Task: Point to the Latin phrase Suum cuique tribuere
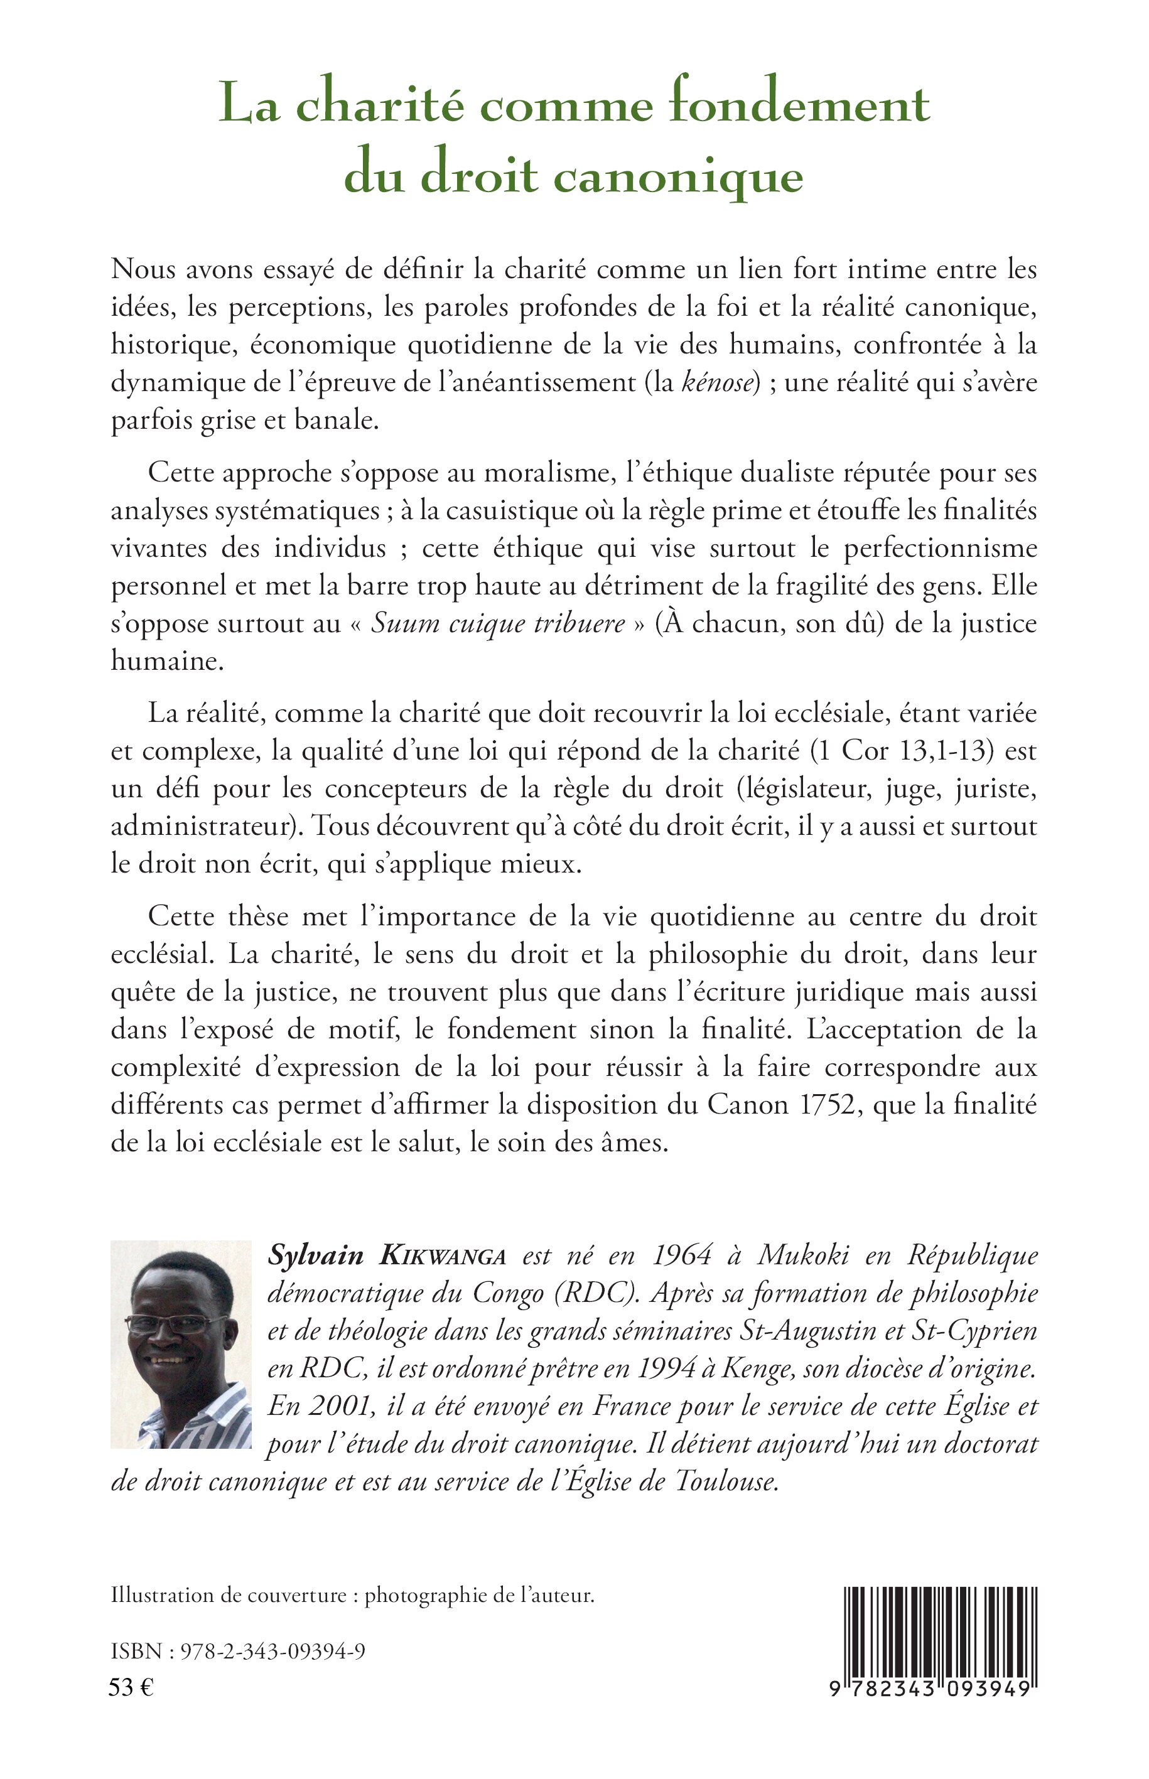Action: [498, 623]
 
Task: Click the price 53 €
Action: [131, 1688]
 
